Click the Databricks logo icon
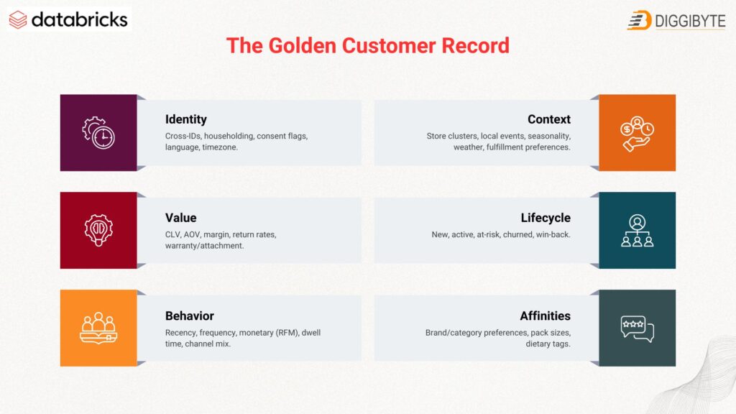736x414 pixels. tap(18, 19)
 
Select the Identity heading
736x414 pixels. tap(185, 119)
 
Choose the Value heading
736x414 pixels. tap(180, 218)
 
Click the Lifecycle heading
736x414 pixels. tap(546, 218)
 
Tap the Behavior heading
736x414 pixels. tap(189, 316)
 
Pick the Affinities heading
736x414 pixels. tap(545, 316)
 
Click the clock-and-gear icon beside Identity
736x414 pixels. tap(98, 133)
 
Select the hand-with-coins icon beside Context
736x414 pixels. tap(637, 133)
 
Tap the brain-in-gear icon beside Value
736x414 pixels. tap(98, 230)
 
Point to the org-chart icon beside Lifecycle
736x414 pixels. tap(637, 231)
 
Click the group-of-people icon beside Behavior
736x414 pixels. tap(98, 328)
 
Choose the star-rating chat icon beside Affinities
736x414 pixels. tap(637, 328)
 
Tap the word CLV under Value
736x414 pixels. tap(174, 234)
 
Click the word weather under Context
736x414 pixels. tap(468, 147)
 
